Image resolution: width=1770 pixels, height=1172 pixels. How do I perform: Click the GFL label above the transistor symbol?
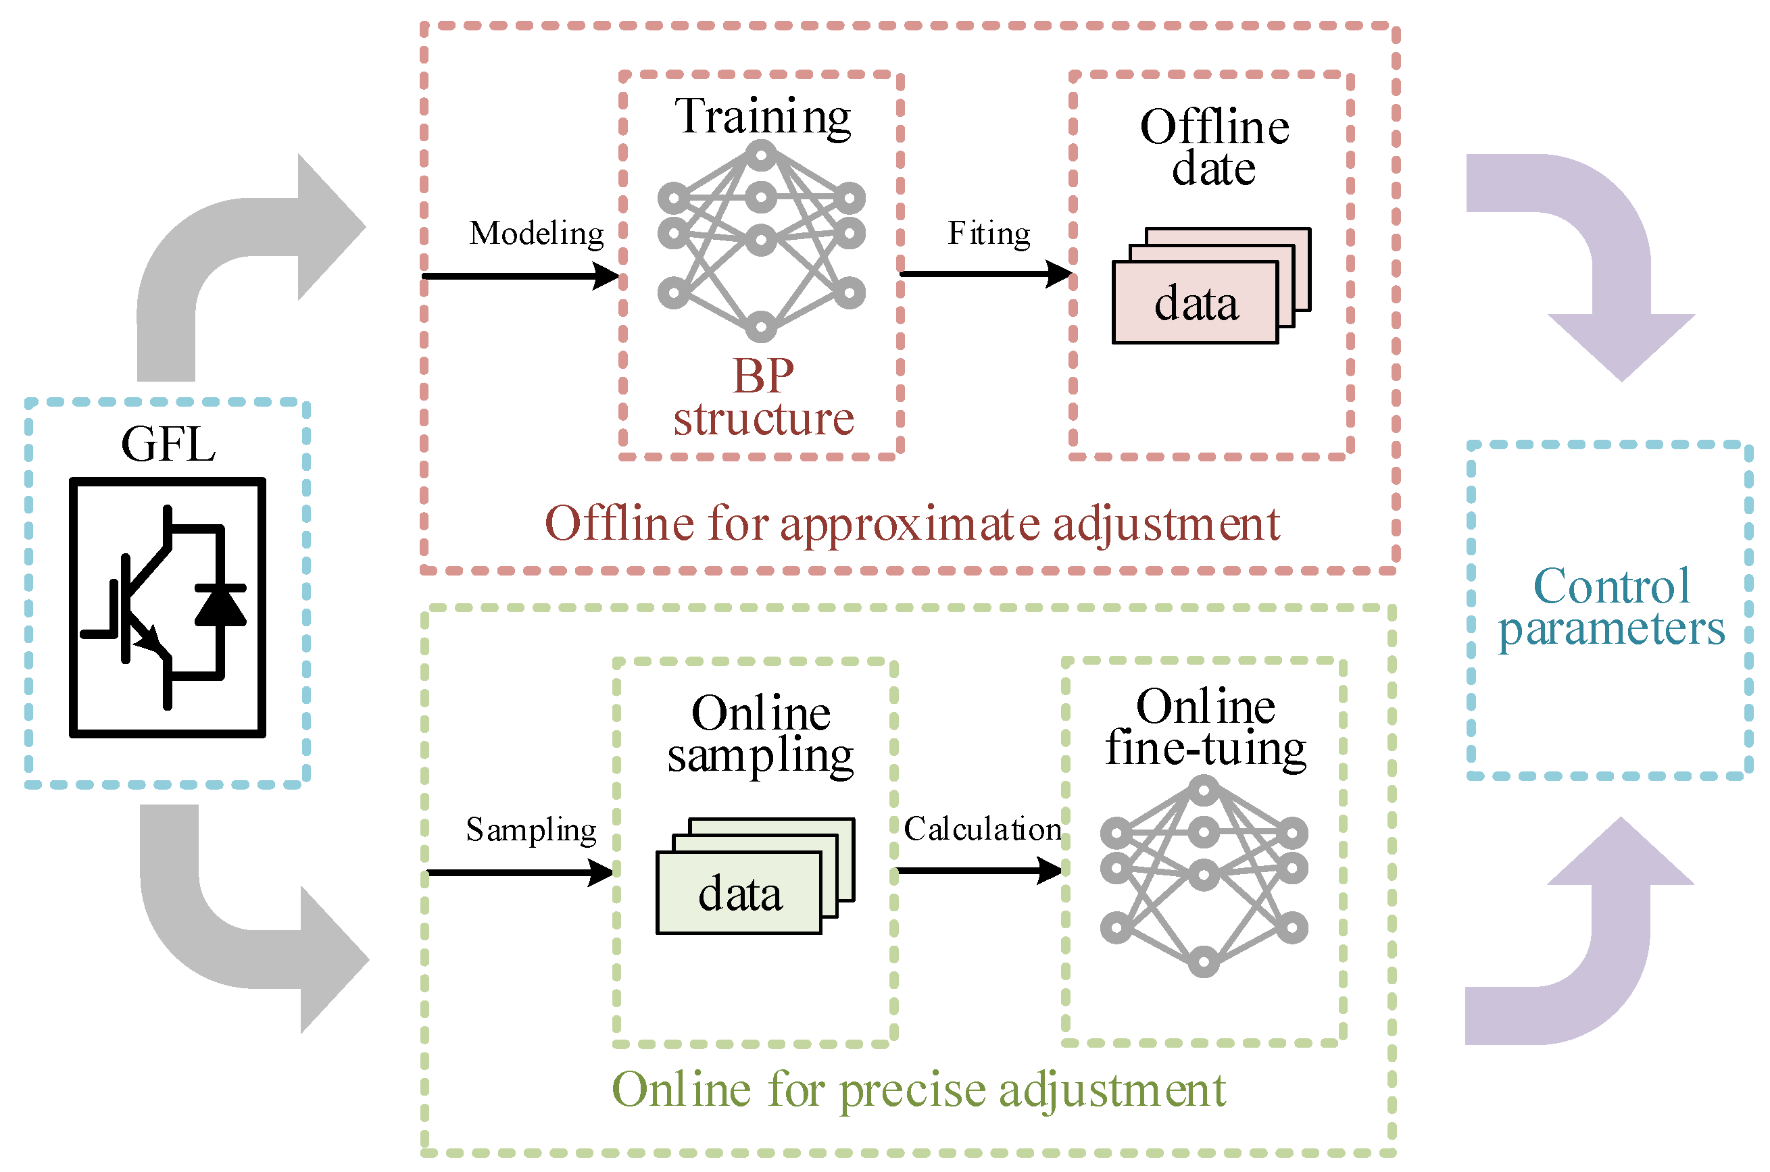[168, 444]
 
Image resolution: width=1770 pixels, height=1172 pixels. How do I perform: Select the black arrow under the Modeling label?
[521, 276]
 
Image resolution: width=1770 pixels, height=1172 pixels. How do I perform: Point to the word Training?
[763, 118]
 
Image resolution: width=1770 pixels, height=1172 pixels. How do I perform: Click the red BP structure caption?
[764, 397]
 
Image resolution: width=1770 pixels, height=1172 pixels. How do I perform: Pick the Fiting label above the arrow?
[989, 234]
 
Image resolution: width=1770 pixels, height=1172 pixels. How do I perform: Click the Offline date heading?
[1214, 147]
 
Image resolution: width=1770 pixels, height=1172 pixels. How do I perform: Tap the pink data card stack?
[1211, 286]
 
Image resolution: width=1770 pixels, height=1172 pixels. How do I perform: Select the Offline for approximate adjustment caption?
[912, 525]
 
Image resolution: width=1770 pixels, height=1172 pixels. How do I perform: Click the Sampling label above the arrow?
[531, 830]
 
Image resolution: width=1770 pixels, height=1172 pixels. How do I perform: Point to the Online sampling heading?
[760, 736]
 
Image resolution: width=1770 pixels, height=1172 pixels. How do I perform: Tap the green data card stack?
[756, 876]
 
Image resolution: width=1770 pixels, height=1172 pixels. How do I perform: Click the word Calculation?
[982, 829]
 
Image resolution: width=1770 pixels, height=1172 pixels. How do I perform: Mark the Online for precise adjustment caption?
[918, 1090]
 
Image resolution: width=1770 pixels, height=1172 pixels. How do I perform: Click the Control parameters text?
[1611, 607]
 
